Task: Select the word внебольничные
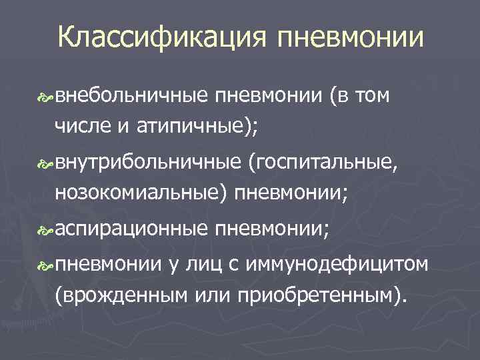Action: click(131, 98)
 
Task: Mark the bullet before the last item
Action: click(48, 267)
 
